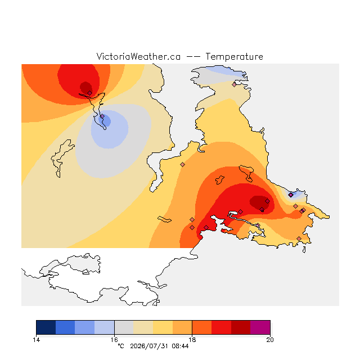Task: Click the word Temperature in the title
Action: point(234,56)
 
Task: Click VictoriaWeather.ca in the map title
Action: point(138,56)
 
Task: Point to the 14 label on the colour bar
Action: point(36,340)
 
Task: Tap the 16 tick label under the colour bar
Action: point(114,340)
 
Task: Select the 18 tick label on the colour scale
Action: point(192,340)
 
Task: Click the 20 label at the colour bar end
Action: point(270,340)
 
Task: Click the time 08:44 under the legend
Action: point(180,346)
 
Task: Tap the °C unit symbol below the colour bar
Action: point(121,346)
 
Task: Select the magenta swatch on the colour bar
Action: point(260,327)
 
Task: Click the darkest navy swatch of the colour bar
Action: point(46,327)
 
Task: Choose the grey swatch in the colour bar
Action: point(124,327)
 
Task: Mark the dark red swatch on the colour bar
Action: point(241,327)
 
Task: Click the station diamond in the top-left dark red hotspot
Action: point(90,93)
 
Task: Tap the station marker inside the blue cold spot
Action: point(102,116)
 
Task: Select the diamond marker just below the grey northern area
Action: point(234,85)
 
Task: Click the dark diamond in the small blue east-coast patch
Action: point(291,195)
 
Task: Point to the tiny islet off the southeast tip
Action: point(304,250)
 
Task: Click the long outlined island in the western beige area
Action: point(61,159)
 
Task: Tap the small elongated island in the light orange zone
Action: point(164,219)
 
